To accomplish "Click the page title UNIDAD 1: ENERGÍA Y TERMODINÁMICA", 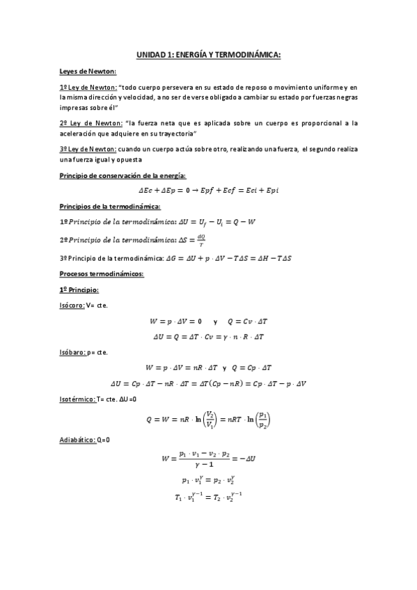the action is (208, 55).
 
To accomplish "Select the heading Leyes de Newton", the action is (88, 72).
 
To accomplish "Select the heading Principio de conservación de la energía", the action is (122, 175).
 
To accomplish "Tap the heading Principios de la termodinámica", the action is (111, 207).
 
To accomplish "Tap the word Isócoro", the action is (72, 305).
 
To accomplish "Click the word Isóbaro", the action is (72, 353).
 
